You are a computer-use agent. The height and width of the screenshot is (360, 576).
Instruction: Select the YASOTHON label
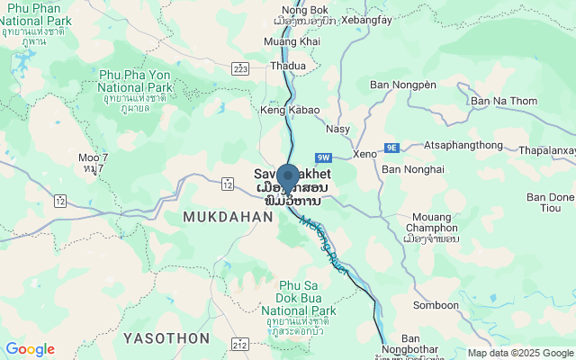tap(166, 338)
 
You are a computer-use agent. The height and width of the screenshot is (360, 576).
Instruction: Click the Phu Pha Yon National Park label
tap(133, 89)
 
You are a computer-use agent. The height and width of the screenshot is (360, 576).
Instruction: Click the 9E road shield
tap(390, 147)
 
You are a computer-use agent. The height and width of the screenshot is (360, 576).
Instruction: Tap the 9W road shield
tap(323, 157)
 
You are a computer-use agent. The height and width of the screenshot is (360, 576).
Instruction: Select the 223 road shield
tap(239, 68)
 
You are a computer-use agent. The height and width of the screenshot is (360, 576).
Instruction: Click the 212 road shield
tap(239, 343)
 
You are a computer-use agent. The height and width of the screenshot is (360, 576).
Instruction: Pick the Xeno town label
tap(364, 154)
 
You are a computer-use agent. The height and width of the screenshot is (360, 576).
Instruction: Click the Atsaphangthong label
tap(463, 145)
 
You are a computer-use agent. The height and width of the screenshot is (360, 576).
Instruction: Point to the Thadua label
tap(288, 66)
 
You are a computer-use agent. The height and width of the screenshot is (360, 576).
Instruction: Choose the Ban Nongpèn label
tap(403, 85)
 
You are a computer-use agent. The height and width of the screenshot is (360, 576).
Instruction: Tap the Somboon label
tap(435, 305)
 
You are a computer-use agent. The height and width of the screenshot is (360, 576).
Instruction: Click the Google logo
tap(30, 349)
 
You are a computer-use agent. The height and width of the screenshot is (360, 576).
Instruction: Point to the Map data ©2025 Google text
tap(520, 353)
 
